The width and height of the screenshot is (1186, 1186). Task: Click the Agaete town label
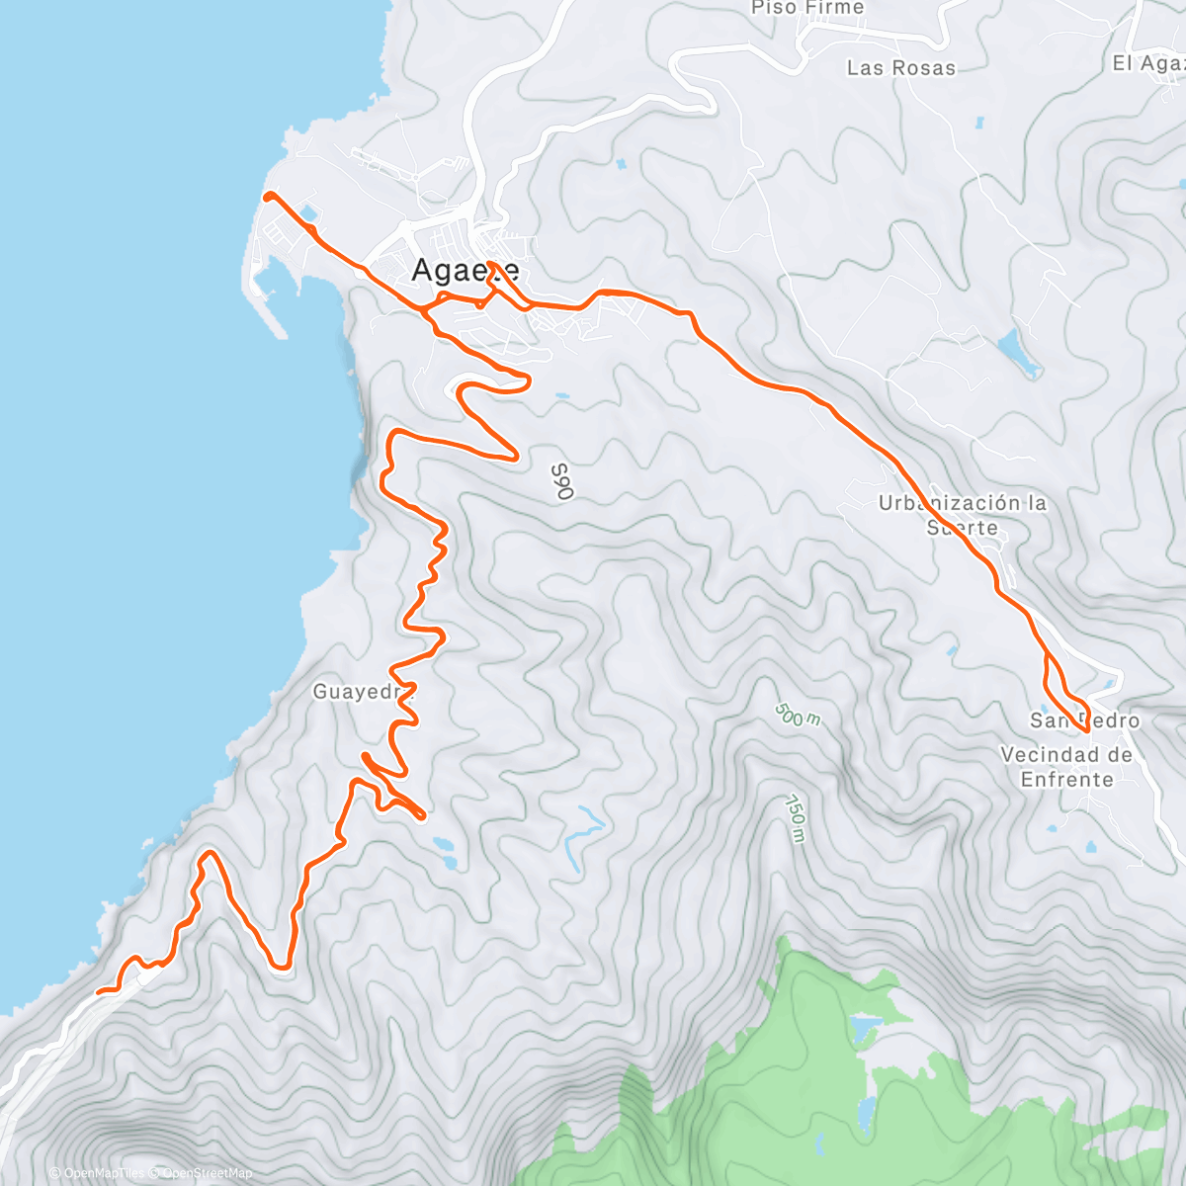tap(465, 270)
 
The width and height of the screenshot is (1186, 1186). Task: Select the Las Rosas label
tap(901, 68)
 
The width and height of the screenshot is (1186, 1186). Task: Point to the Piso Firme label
tap(807, 9)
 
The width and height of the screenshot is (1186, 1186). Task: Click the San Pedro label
tap(1084, 720)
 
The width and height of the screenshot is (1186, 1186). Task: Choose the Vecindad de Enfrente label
tap(1066, 767)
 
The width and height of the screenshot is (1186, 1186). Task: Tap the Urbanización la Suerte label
tap(963, 515)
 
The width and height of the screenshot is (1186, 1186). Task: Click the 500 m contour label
tap(797, 715)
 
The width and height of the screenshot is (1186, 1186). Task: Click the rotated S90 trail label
tap(560, 481)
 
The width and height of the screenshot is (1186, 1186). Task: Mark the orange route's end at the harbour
tap(267, 196)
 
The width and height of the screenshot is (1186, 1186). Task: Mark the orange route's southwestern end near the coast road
tap(98, 990)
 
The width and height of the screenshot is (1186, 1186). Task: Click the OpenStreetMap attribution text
tap(207, 1173)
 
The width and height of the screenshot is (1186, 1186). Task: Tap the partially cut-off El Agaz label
tap(1148, 63)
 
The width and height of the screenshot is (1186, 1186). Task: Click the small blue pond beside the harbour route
tap(307, 212)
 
